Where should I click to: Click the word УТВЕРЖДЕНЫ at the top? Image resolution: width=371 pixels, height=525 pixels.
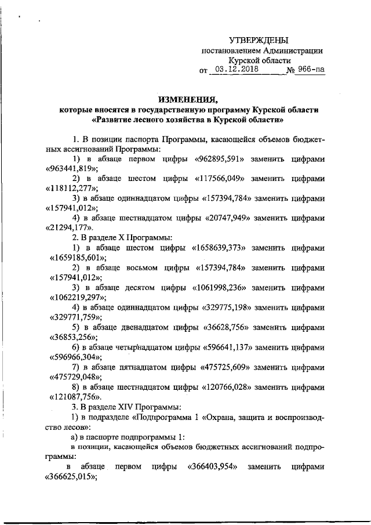click(259, 40)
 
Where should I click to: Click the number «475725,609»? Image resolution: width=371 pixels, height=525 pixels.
click(227, 368)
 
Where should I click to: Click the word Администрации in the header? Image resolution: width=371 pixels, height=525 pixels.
click(295, 50)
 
